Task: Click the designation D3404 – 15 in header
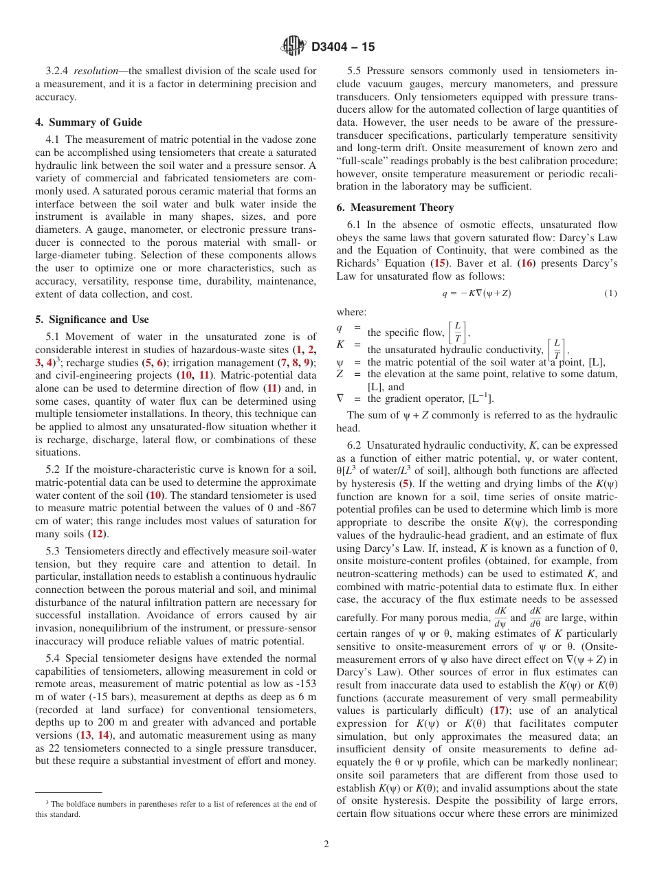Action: [343, 47]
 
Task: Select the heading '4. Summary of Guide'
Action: [88, 122]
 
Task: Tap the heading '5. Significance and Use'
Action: [91, 320]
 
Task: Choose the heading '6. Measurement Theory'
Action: [395, 208]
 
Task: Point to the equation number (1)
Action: [610, 293]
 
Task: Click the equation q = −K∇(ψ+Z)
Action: [476, 293]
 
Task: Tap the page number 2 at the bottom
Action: [326, 844]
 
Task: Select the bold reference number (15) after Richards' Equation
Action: [438, 263]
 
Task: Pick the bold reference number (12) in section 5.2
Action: [98, 533]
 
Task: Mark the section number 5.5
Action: [355, 71]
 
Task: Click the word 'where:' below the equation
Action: [351, 311]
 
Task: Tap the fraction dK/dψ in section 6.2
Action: [500, 616]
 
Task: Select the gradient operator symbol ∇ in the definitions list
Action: [340, 399]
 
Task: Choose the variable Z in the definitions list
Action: [340, 374]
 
